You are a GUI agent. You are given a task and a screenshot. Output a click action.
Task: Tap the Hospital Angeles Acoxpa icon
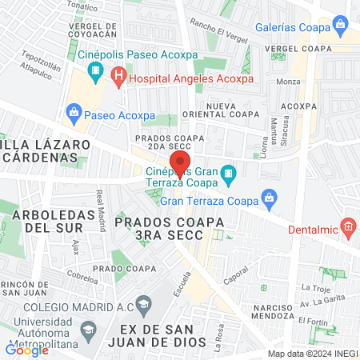[119, 78]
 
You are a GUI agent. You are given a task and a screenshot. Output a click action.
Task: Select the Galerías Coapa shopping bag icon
[342, 25]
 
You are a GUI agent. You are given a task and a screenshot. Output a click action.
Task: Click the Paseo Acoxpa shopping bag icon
[74, 111]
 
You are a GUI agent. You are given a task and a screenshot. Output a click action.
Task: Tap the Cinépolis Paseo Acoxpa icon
[96, 71]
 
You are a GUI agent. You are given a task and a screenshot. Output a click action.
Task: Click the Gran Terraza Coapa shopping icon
[270, 197]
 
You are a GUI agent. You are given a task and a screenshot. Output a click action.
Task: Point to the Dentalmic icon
[349, 227]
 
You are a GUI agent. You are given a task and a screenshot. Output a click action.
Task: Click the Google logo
[27, 350]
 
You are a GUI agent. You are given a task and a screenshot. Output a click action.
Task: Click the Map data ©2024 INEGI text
[312, 354]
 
